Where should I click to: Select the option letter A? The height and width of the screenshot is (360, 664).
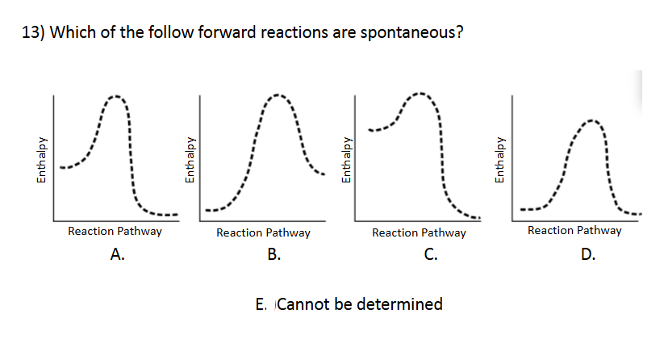coord(117,256)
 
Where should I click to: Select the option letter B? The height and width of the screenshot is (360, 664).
coord(274,256)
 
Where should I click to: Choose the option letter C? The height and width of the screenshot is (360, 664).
coord(431,256)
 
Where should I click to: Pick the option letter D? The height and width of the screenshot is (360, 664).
coord(587,256)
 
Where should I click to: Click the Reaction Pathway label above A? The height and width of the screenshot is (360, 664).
coord(115,231)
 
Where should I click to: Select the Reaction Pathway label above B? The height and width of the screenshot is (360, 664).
coord(263,232)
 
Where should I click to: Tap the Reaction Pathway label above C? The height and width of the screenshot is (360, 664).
coord(419,232)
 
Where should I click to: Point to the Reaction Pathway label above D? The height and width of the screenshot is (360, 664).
coord(574,230)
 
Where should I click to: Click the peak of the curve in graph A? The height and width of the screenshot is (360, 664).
coord(115,97)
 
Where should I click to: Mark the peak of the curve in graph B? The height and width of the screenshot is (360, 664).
coord(278,95)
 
